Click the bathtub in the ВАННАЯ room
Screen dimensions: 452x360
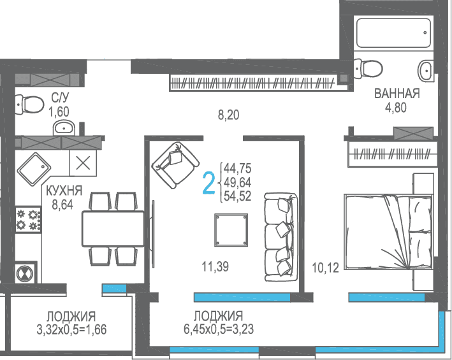[393, 33]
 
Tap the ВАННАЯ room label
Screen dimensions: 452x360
[397, 94]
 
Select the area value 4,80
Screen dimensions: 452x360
[396, 108]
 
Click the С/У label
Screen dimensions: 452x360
[61, 97]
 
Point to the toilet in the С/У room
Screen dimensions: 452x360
[29, 104]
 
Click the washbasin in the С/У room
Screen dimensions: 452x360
[64, 127]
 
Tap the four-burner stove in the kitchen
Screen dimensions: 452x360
[28, 220]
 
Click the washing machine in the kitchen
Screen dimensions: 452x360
[26, 273]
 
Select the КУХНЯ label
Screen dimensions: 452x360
[64, 191]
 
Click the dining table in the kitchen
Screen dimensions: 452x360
[113, 229]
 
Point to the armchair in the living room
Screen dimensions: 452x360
[175, 165]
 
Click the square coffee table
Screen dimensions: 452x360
[231, 230]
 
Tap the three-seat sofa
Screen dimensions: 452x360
[281, 237]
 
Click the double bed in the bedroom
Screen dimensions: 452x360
[388, 232]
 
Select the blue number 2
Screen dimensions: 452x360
[209, 183]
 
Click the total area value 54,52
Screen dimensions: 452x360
[238, 196]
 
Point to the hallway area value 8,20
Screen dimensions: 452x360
[229, 115]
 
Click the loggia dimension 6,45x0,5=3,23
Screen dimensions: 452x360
[219, 329]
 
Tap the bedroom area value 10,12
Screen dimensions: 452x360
[325, 268]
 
